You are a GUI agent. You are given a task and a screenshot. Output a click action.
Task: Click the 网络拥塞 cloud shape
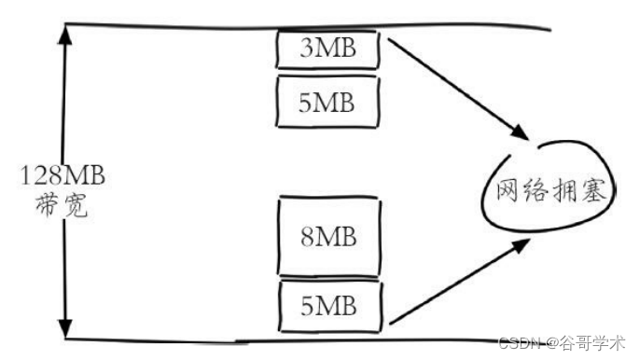click(x=550, y=190)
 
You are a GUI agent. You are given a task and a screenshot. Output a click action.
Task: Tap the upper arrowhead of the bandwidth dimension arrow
click(x=64, y=35)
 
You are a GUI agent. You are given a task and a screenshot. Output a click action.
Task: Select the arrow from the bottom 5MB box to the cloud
click(x=457, y=280)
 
